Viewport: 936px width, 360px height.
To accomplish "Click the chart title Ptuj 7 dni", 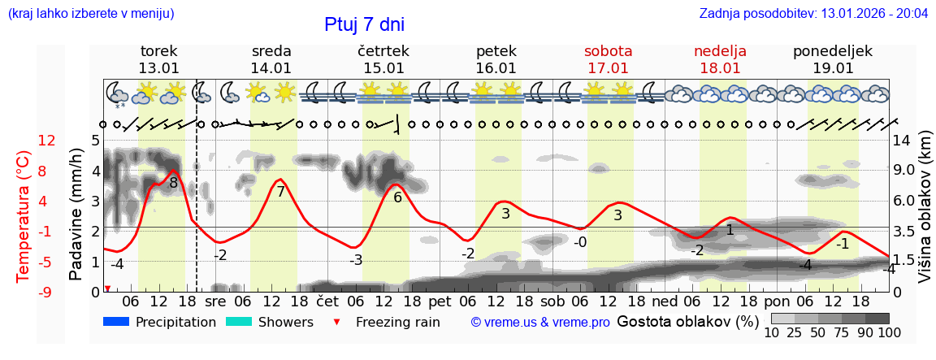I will (x=364, y=24).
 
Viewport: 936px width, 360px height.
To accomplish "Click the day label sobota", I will (x=608, y=51).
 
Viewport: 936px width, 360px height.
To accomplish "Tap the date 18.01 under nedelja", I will (x=720, y=68).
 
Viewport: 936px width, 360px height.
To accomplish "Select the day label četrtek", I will (x=383, y=51).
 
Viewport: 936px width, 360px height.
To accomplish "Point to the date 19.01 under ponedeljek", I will (x=833, y=68).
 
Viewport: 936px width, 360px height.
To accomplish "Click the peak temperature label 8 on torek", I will (x=173, y=184).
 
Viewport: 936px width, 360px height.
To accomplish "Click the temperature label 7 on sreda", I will (x=281, y=192).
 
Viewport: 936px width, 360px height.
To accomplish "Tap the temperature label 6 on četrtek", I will (x=397, y=197).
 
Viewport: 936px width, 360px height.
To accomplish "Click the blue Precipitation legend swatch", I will (x=116, y=322).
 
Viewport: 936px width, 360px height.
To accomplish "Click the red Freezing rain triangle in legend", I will (x=337, y=323).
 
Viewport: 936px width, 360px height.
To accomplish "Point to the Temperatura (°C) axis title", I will (x=24, y=215).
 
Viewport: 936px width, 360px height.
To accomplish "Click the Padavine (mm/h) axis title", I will (x=76, y=214).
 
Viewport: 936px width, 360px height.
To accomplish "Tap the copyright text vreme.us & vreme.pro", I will (x=540, y=323).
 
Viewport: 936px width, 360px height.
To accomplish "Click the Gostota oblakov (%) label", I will (x=687, y=322).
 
